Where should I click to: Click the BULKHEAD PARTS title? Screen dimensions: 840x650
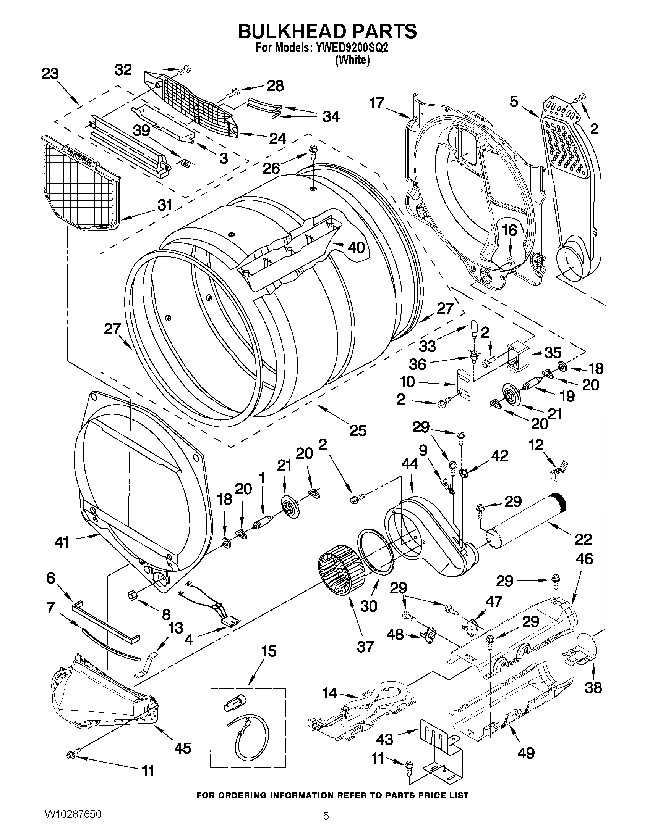pos(327,31)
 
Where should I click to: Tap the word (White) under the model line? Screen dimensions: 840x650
pos(352,60)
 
